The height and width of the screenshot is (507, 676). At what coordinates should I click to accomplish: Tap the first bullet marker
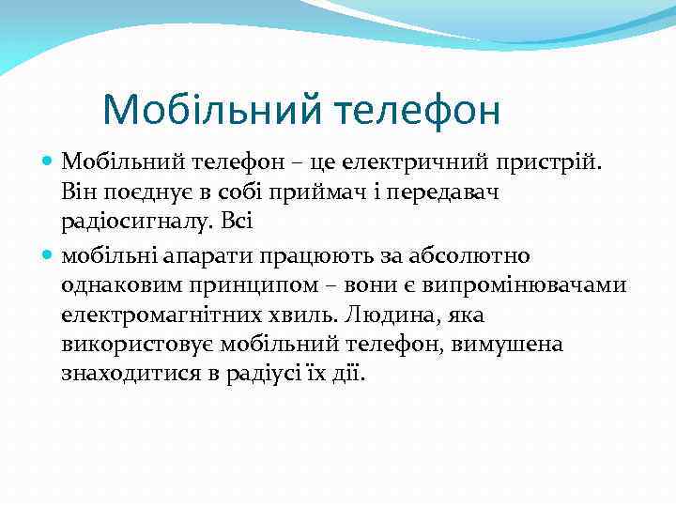pos(49,162)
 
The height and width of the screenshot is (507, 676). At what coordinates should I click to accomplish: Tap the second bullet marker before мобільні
pos(49,254)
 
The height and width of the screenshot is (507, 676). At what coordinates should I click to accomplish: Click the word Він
pos(80,192)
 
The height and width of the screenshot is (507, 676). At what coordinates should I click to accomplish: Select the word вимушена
pos(506,345)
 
